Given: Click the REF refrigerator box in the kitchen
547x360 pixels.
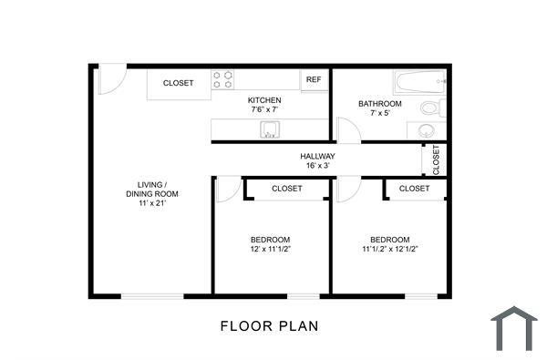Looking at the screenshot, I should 314,79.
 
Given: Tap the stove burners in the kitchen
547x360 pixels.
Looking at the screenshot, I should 224,79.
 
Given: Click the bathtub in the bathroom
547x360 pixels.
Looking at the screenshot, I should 419,84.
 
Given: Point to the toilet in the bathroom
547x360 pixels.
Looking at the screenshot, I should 433,108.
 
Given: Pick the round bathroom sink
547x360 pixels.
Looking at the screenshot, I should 428,130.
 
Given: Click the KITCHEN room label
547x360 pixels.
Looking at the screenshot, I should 264,99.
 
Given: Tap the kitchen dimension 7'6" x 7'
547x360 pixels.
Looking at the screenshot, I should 264,109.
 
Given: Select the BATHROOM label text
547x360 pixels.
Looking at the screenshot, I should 379,104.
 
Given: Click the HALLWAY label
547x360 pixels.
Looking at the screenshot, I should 318,156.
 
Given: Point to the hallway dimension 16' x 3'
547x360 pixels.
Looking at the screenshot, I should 318,166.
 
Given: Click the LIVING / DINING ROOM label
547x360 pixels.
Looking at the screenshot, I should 152,188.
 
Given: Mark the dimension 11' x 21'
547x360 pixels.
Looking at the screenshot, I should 152,203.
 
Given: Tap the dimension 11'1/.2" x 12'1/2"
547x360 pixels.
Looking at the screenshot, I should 389,249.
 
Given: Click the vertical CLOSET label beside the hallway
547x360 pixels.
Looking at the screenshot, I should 436,159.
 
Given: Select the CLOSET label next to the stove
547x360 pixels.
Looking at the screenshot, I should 178,83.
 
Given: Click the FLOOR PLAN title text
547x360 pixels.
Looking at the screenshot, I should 270,325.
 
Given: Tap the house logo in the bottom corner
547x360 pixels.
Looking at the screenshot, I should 514,328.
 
